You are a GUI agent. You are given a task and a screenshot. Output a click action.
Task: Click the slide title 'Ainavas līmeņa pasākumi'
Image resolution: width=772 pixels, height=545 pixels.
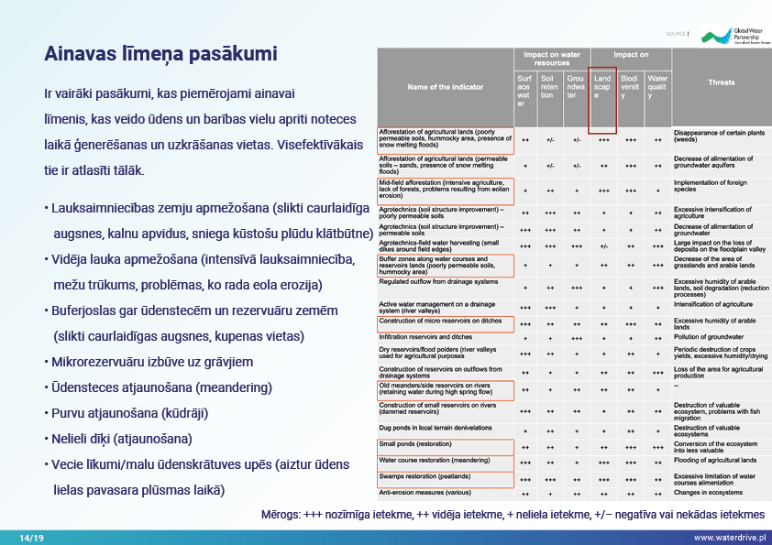click(x=160, y=54)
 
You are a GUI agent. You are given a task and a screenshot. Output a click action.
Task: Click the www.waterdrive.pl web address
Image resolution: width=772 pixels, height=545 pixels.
click(x=729, y=537)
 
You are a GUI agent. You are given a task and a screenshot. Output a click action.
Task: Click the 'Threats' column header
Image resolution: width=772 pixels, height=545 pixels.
click(x=721, y=82)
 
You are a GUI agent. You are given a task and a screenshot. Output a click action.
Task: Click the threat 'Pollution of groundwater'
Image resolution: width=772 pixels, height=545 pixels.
click(x=711, y=337)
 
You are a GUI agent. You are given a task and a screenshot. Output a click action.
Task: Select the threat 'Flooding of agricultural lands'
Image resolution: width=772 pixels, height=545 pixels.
click(x=716, y=460)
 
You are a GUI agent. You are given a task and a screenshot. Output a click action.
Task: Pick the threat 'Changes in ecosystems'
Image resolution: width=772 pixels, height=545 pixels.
click(x=707, y=493)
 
